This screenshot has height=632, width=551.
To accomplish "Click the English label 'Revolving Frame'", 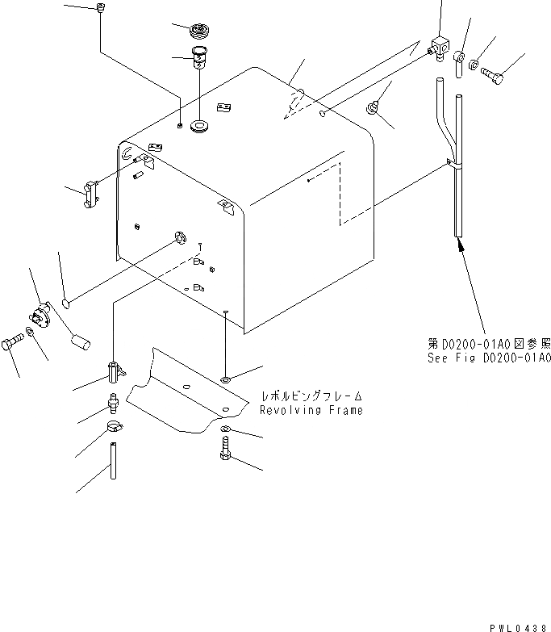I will click(311, 410).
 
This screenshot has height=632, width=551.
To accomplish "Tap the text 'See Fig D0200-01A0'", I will click(489, 358).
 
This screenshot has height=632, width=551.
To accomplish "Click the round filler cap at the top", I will click(198, 31).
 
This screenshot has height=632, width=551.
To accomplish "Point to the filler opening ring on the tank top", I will click(198, 126).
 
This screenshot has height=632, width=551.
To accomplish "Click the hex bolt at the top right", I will click(492, 75).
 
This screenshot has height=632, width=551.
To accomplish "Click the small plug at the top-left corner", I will click(101, 8).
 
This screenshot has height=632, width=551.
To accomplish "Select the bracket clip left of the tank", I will click(90, 194).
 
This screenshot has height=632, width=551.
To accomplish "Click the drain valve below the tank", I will click(113, 371).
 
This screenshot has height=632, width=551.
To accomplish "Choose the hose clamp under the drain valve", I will click(114, 425).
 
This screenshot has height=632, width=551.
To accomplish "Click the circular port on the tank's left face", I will click(180, 237).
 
